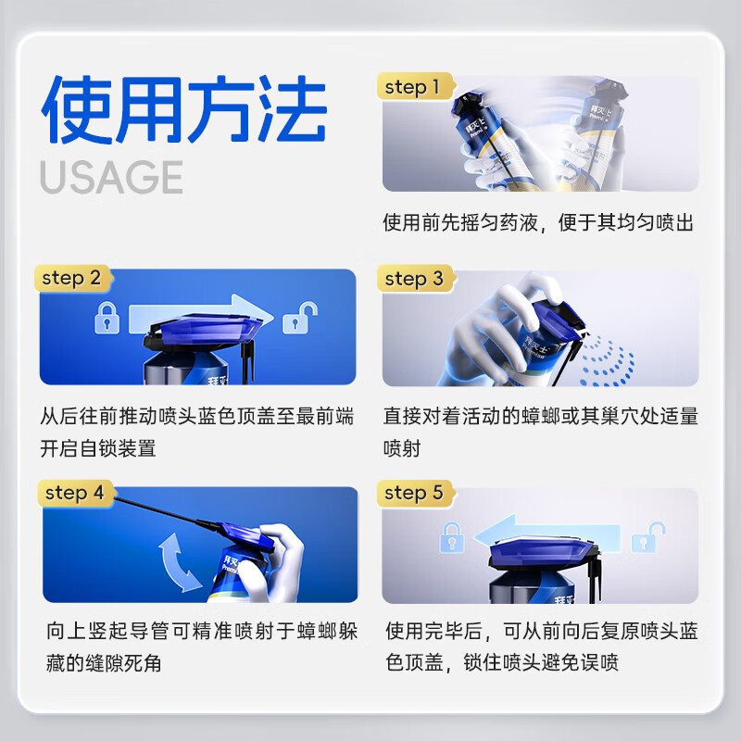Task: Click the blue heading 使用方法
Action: point(183,111)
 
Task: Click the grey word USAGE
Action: point(111,176)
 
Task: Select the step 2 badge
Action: point(71,278)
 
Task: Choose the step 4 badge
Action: point(75,493)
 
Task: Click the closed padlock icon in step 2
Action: point(107,320)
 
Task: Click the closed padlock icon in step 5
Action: point(451,535)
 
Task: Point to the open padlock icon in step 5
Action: point(655,534)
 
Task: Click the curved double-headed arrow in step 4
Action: point(181,559)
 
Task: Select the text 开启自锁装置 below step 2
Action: point(98,448)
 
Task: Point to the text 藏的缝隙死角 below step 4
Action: point(98,663)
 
